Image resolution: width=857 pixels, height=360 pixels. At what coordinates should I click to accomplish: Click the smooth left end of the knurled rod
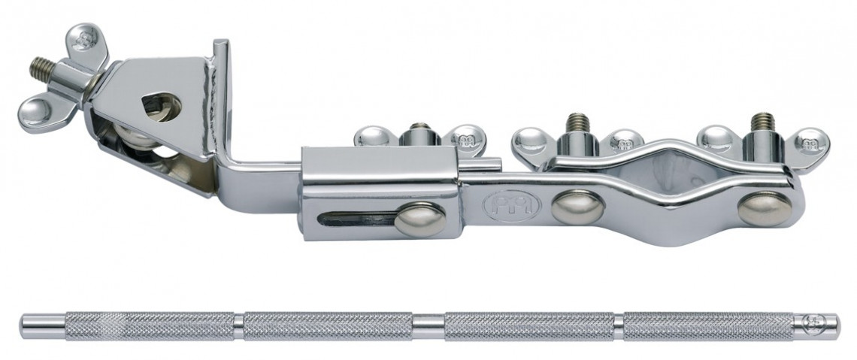[x=42, y=325]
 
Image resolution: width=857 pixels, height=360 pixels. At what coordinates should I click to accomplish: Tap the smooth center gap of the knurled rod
[x=428, y=325]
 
